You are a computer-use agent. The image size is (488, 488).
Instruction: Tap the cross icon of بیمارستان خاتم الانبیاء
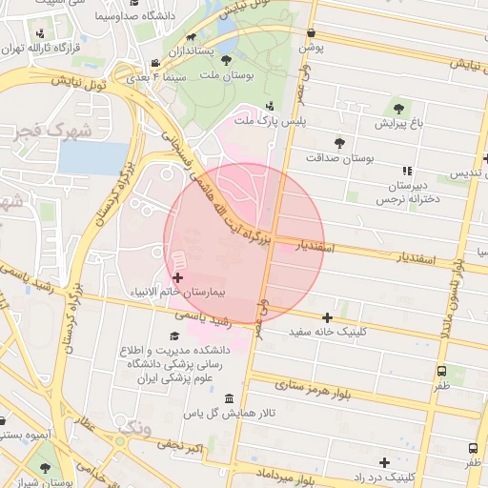[x=177, y=276]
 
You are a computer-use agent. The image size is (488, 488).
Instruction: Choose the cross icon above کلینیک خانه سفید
[x=328, y=317]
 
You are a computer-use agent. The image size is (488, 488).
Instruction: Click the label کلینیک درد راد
[x=384, y=476]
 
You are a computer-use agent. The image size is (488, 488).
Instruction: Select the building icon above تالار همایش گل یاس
[x=227, y=398]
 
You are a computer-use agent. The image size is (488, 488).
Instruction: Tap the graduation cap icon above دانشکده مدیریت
[x=173, y=335]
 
